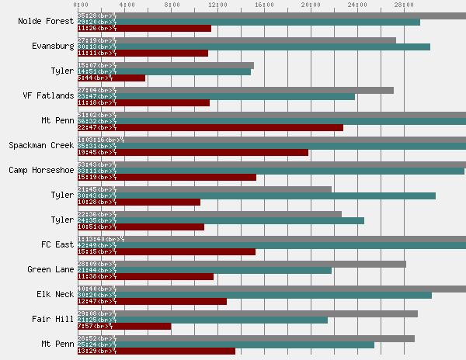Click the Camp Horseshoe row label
click(41, 171)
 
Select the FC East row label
click(58, 245)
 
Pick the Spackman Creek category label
click(41, 146)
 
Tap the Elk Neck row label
click(55, 295)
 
